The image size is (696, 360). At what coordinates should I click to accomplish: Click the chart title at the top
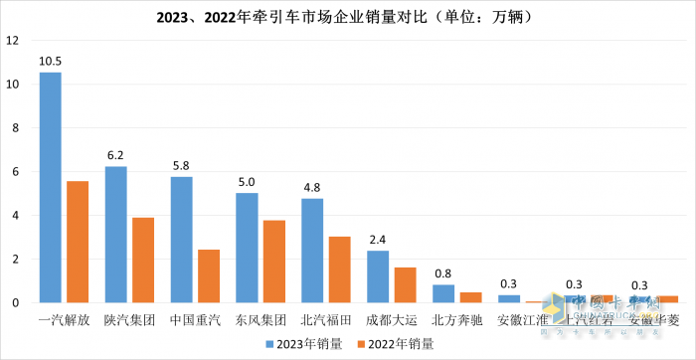click(x=348, y=16)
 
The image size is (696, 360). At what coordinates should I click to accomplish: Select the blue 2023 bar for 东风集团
click(x=247, y=248)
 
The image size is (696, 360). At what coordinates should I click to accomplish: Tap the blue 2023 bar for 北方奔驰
click(x=443, y=293)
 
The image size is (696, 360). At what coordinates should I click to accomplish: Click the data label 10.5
click(x=50, y=62)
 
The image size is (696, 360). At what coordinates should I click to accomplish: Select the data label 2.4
click(x=378, y=240)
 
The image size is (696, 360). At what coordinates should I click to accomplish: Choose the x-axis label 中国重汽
click(x=195, y=320)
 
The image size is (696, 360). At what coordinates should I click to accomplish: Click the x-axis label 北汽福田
click(x=325, y=320)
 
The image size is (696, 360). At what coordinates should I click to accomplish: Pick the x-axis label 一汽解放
click(x=64, y=320)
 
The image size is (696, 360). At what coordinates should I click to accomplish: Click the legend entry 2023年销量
click(x=305, y=344)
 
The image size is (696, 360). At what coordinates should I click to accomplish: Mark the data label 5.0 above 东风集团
click(x=247, y=182)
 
